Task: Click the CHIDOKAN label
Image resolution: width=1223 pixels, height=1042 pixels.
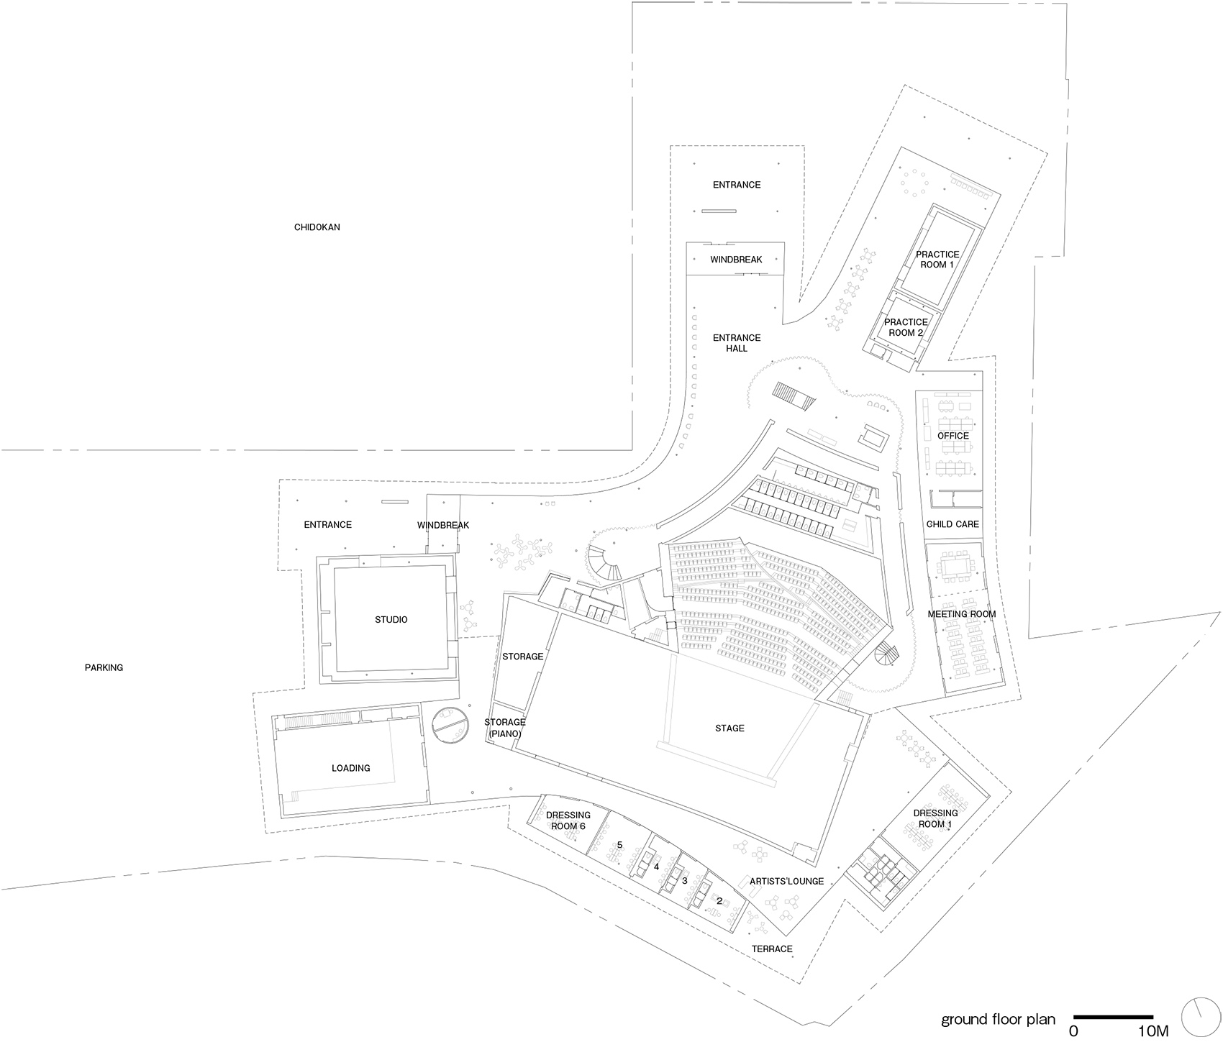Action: pyautogui.click(x=317, y=227)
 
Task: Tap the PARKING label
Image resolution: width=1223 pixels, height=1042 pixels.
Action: pyautogui.click(x=104, y=667)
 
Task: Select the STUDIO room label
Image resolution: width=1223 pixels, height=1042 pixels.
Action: pyautogui.click(x=391, y=619)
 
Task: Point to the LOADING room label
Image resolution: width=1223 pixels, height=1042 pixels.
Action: pyautogui.click(x=351, y=768)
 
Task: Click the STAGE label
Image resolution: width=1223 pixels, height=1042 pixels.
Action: pyautogui.click(x=729, y=728)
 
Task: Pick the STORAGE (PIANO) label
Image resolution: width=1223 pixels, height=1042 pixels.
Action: pyautogui.click(x=504, y=728)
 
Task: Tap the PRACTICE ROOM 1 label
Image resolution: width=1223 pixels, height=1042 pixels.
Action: pyautogui.click(x=937, y=260)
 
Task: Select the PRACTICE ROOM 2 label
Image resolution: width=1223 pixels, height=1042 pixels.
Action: pyautogui.click(x=906, y=327)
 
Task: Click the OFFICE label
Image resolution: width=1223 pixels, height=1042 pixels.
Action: pyautogui.click(x=953, y=436)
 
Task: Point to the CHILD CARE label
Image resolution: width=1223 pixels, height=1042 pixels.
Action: pyautogui.click(x=953, y=524)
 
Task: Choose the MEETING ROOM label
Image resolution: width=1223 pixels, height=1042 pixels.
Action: pyautogui.click(x=962, y=614)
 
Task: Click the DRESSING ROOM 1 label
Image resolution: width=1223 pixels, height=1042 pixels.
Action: pyautogui.click(x=935, y=818)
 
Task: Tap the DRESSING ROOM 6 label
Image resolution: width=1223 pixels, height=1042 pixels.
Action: pyautogui.click(x=568, y=821)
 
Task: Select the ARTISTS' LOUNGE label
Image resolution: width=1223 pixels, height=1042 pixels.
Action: pyautogui.click(x=786, y=881)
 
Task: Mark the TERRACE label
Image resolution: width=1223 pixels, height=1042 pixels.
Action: pyautogui.click(x=772, y=949)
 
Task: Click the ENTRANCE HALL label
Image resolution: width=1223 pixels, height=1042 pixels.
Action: pyautogui.click(x=737, y=343)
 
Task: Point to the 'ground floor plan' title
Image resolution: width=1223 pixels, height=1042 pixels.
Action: pyautogui.click(x=999, y=1020)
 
